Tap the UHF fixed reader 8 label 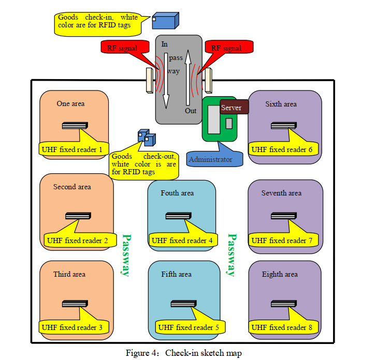click(x=282, y=327)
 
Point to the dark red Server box click(x=234, y=107)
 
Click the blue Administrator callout click(x=210, y=159)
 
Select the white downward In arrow click(x=165, y=78)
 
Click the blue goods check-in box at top click(x=165, y=21)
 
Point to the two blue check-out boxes click(x=147, y=137)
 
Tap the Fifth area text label click(x=176, y=274)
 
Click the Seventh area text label click(x=281, y=193)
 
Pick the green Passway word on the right click(x=232, y=255)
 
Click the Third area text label click(x=69, y=274)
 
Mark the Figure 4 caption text click(x=183, y=353)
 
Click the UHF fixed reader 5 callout click(x=189, y=327)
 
